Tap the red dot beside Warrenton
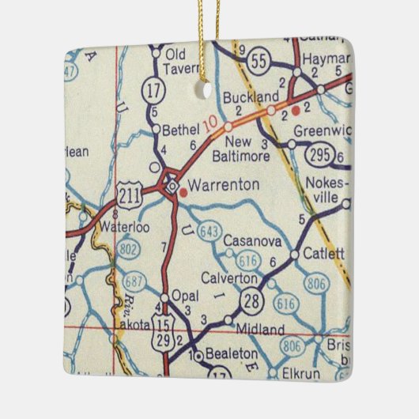coord(183,191)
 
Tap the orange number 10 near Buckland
coord(209,124)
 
